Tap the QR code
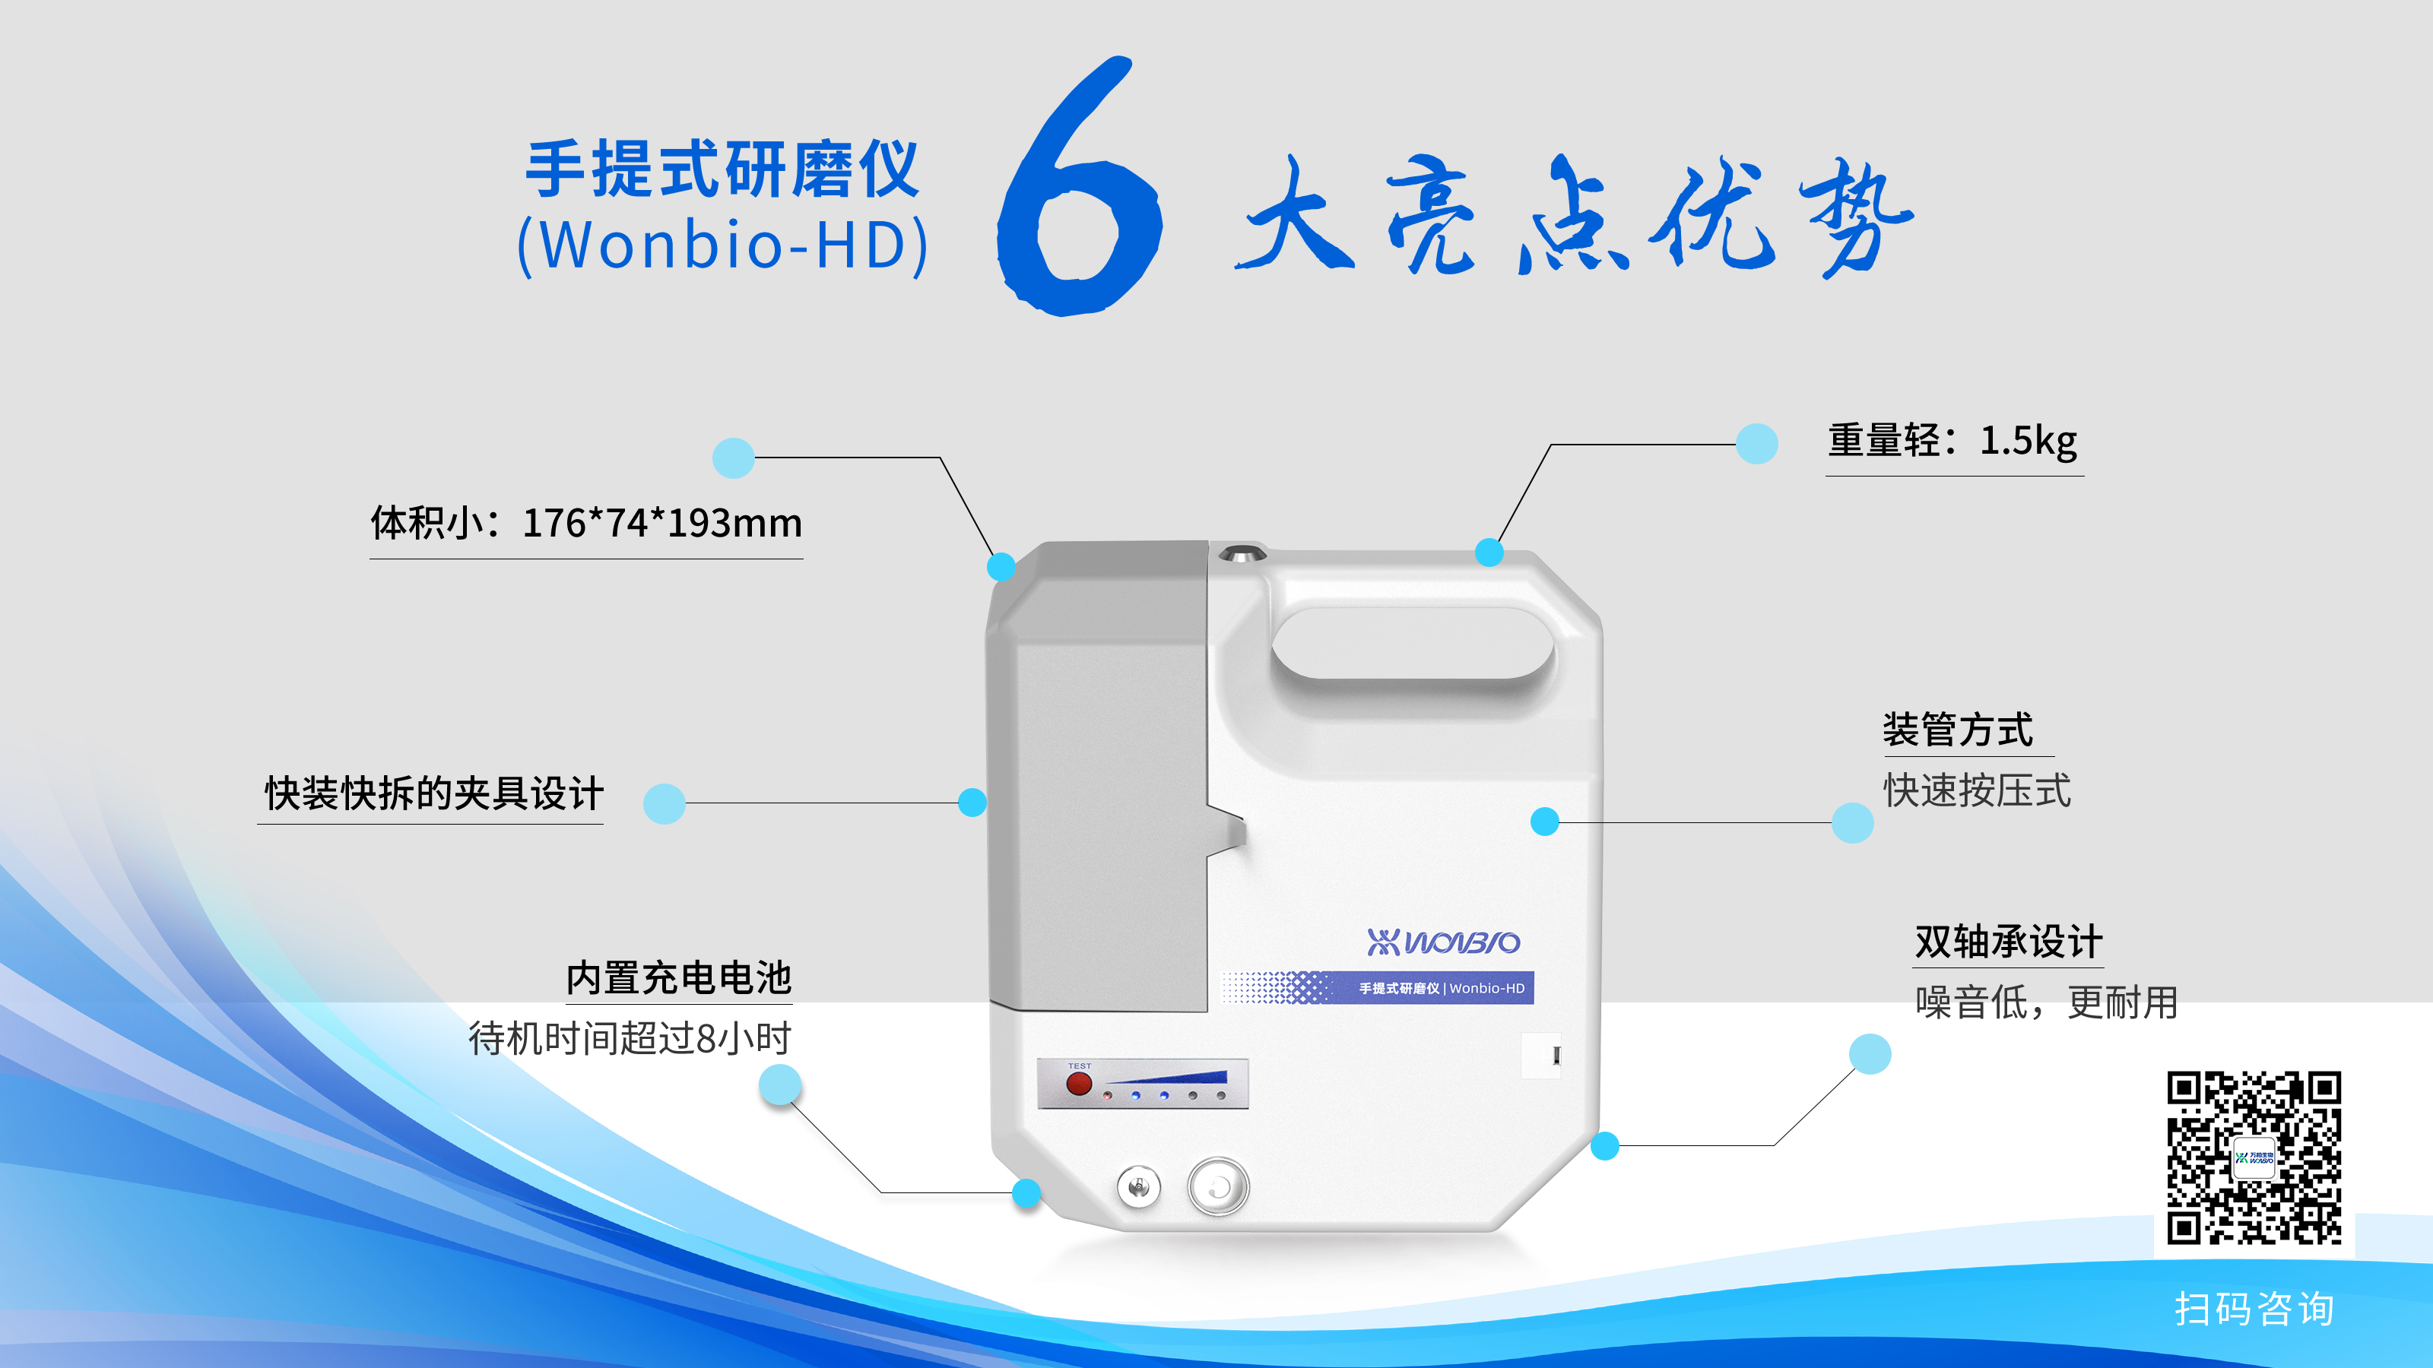[x=2254, y=1157]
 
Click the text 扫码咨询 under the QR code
[x=2254, y=1309]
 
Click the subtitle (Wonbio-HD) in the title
[x=722, y=245]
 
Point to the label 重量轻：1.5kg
[x=1953, y=441]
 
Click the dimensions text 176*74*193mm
[x=662, y=522]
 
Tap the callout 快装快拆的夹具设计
[x=433, y=793]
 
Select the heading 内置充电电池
[x=679, y=978]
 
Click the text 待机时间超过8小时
[x=630, y=1038]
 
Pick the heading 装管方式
[x=1958, y=730]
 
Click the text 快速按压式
[x=1978, y=791]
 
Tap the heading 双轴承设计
[x=2009, y=942]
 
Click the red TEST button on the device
[x=1079, y=1084]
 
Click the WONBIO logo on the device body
[x=1443, y=942]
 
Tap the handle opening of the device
[x=1413, y=643]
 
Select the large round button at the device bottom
[x=1218, y=1186]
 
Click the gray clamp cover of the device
[x=1097, y=774]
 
